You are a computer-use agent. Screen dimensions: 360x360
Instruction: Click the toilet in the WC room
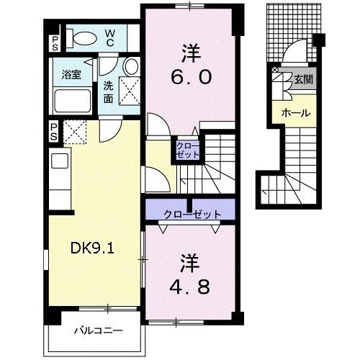click(x=82, y=38)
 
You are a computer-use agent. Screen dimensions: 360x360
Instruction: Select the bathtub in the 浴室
click(x=71, y=100)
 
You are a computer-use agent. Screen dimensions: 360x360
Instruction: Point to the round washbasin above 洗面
click(x=130, y=67)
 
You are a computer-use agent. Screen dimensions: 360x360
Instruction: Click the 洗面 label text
click(x=109, y=89)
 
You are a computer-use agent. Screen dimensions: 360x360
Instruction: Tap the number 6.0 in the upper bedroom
click(x=192, y=77)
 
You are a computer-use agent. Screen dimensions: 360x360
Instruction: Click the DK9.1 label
click(x=93, y=248)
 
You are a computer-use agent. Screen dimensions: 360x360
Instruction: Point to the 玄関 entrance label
click(x=300, y=80)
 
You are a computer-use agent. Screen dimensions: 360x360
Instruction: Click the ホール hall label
click(x=295, y=113)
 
